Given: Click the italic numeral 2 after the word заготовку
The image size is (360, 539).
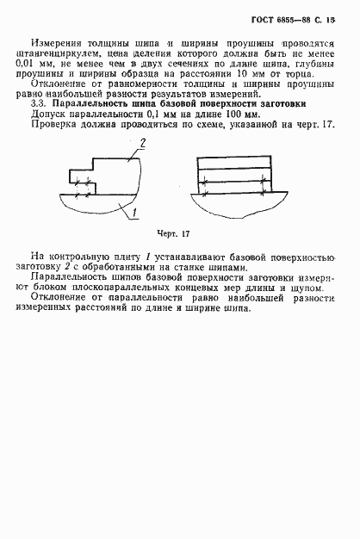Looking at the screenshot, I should [71, 267].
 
